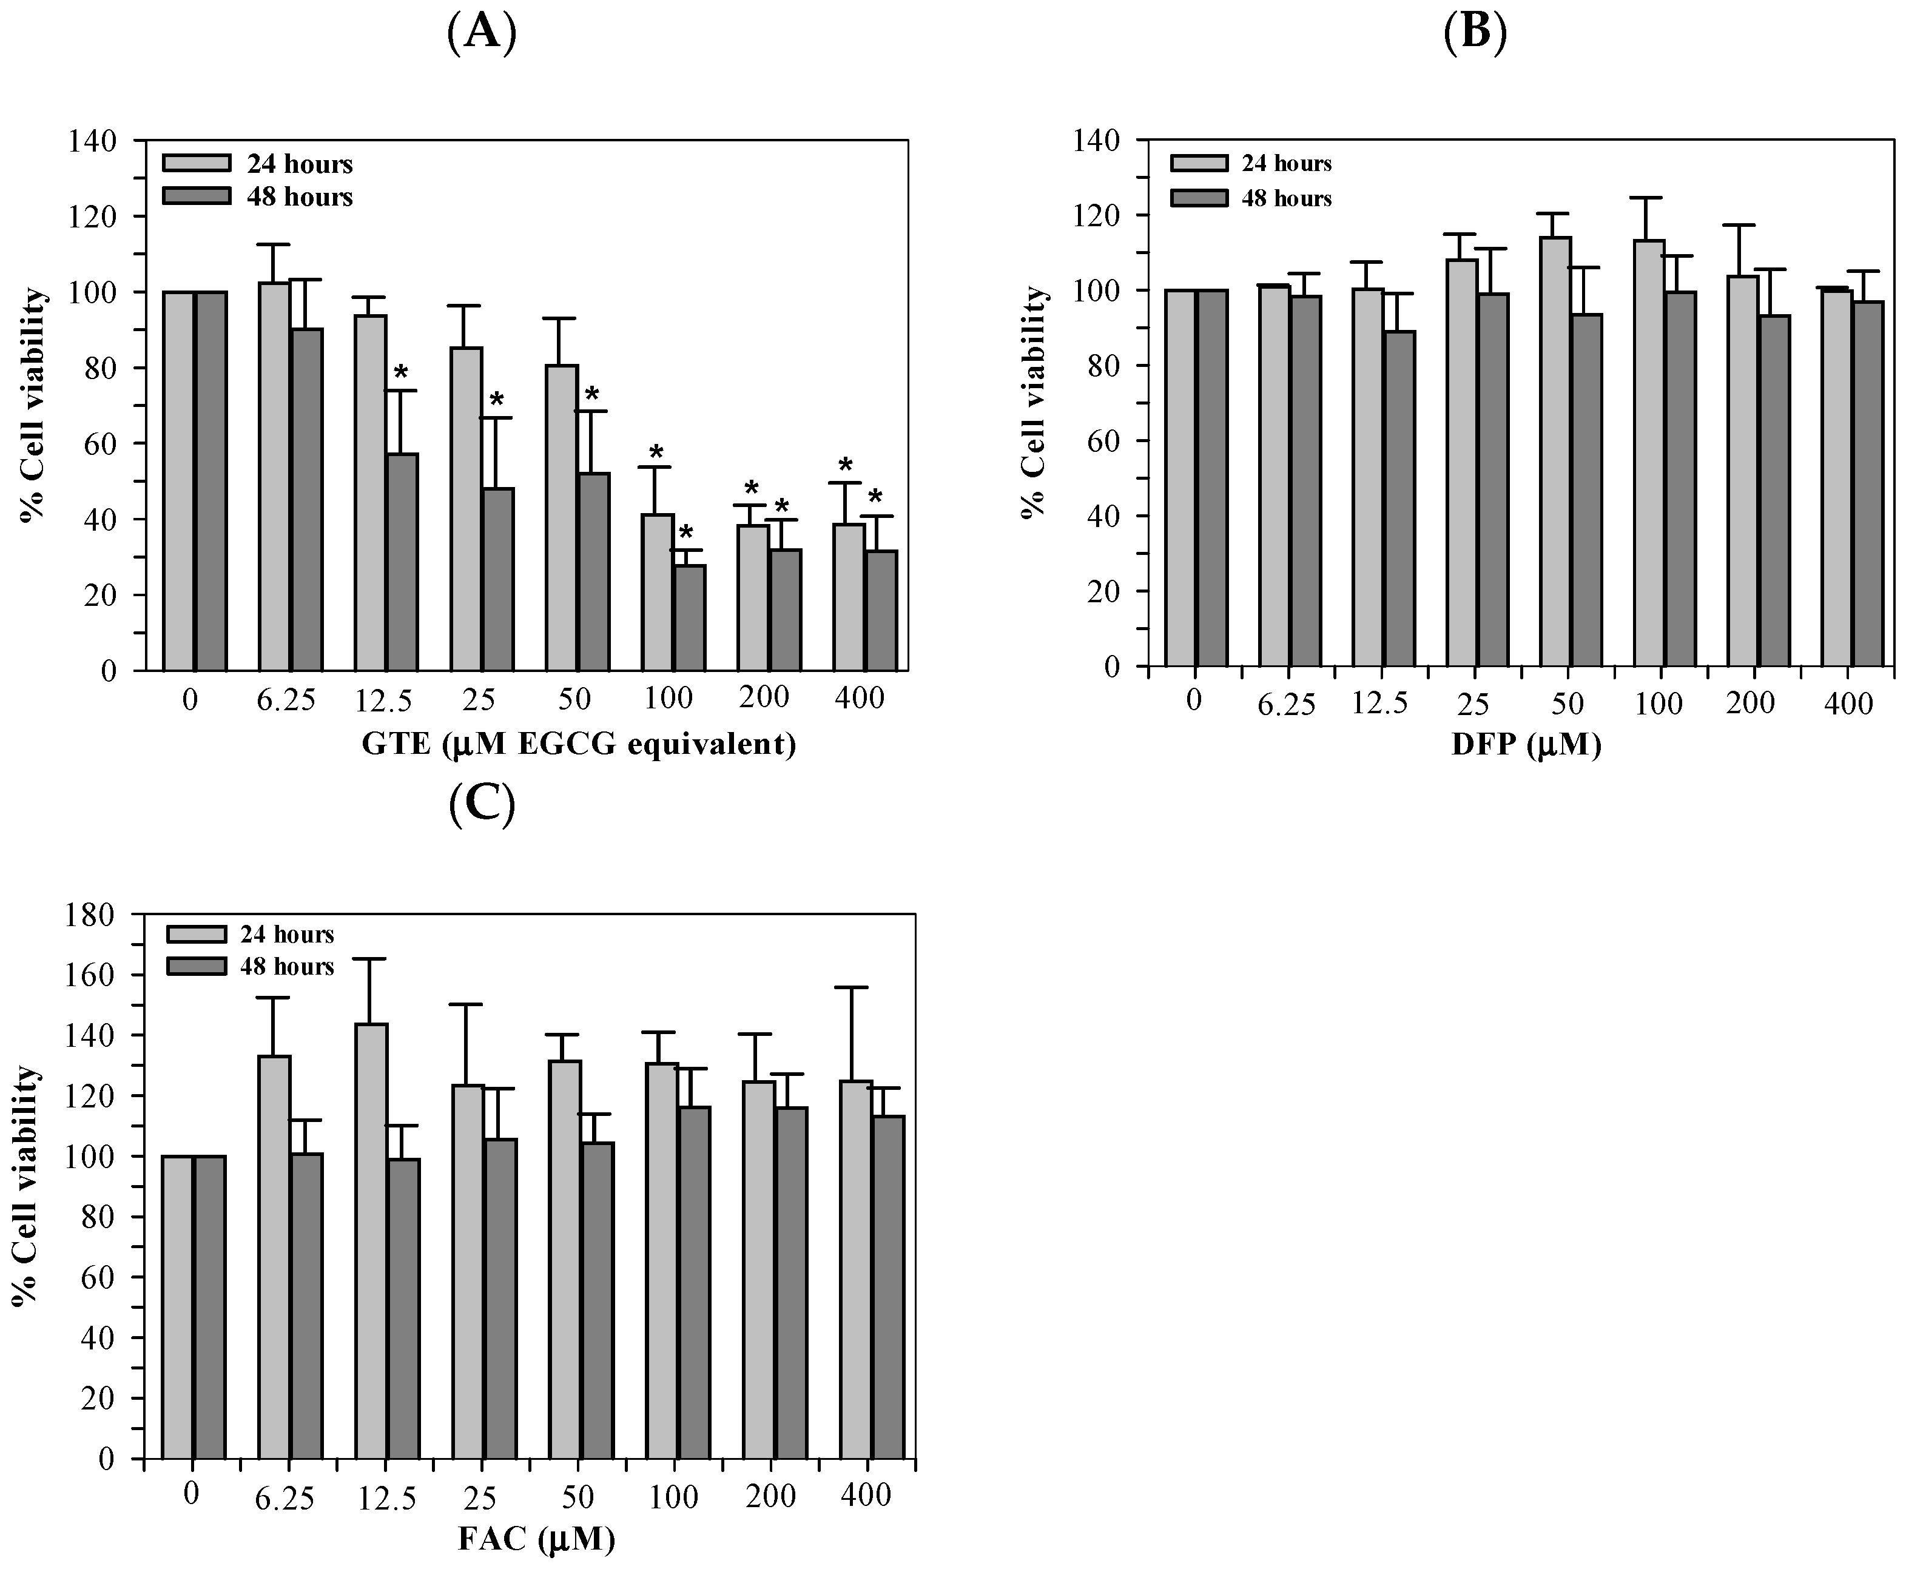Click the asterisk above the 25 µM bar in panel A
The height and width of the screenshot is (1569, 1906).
tap(496, 400)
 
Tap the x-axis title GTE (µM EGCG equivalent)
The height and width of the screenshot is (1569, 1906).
tap(578, 744)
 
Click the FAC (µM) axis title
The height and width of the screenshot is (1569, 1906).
tap(537, 1537)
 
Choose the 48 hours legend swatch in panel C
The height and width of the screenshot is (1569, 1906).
tap(196, 966)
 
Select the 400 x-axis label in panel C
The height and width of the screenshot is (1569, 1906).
tap(866, 1495)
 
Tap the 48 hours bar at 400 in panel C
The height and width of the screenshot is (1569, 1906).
tap(888, 1288)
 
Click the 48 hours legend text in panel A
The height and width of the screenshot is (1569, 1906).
tap(299, 197)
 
